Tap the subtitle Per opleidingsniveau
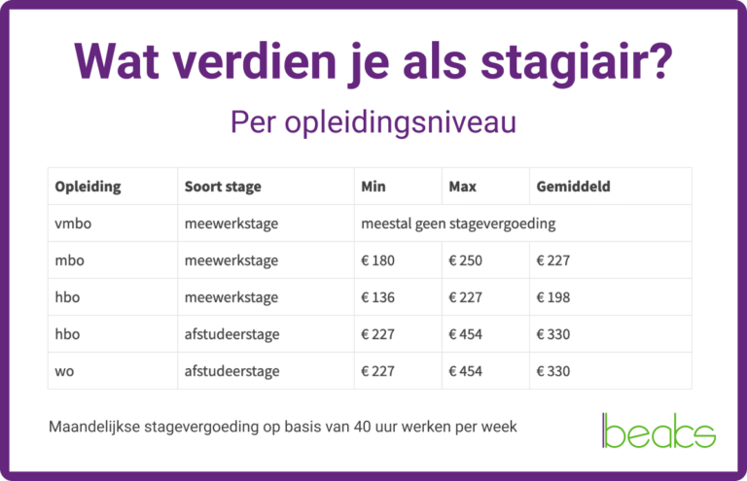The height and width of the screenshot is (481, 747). click(373, 123)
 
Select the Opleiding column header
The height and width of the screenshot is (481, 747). click(88, 186)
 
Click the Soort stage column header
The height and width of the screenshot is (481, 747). click(223, 186)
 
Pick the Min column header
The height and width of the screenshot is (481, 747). click(373, 186)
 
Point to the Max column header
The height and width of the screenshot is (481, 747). click(462, 186)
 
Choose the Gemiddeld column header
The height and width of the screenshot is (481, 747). click(573, 186)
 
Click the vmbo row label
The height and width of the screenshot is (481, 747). click(73, 223)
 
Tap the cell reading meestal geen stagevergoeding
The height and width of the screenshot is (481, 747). click(458, 223)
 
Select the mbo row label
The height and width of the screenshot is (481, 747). click(70, 260)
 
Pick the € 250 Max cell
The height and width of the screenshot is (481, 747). click(465, 260)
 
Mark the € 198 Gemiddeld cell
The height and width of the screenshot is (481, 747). click(552, 297)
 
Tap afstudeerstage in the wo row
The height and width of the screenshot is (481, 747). click(231, 371)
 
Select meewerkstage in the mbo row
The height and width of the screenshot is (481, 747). click(231, 260)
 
